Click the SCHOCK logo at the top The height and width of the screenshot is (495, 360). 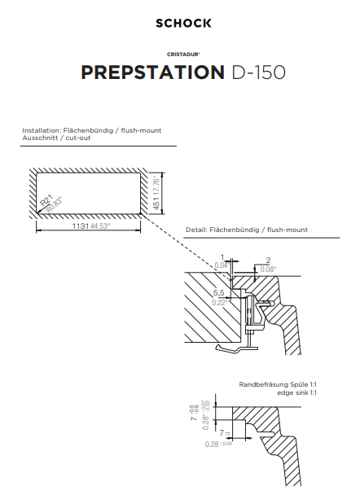pyautogui.click(x=183, y=24)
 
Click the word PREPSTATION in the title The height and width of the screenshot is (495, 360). pyautogui.click(x=151, y=73)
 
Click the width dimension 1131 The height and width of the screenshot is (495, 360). pyautogui.click(x=81, y=226)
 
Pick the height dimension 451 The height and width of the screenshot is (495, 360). pyautogui.click(x=156, y=204)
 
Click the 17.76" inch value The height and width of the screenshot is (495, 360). pyautogui.click(x=156, y=186)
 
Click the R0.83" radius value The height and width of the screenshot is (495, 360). pyautogui.click(x=54, y=204)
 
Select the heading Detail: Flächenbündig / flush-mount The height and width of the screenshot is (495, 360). pyautogui.click(x=258, y=230)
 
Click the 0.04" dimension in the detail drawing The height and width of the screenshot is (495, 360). pyautogui.click(x=222, y=265)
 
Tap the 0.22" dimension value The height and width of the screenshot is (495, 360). pyautogui.click(x=219, y=302)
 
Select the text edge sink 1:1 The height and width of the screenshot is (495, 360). pyautogui.click(x=296, y=392)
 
